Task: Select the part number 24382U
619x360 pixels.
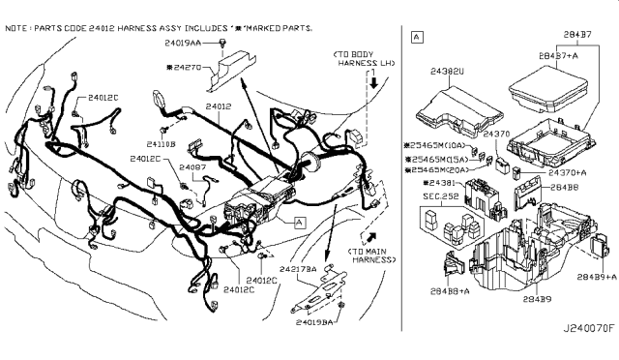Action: pos(448,71)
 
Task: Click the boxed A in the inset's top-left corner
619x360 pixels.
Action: pos(416,38)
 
